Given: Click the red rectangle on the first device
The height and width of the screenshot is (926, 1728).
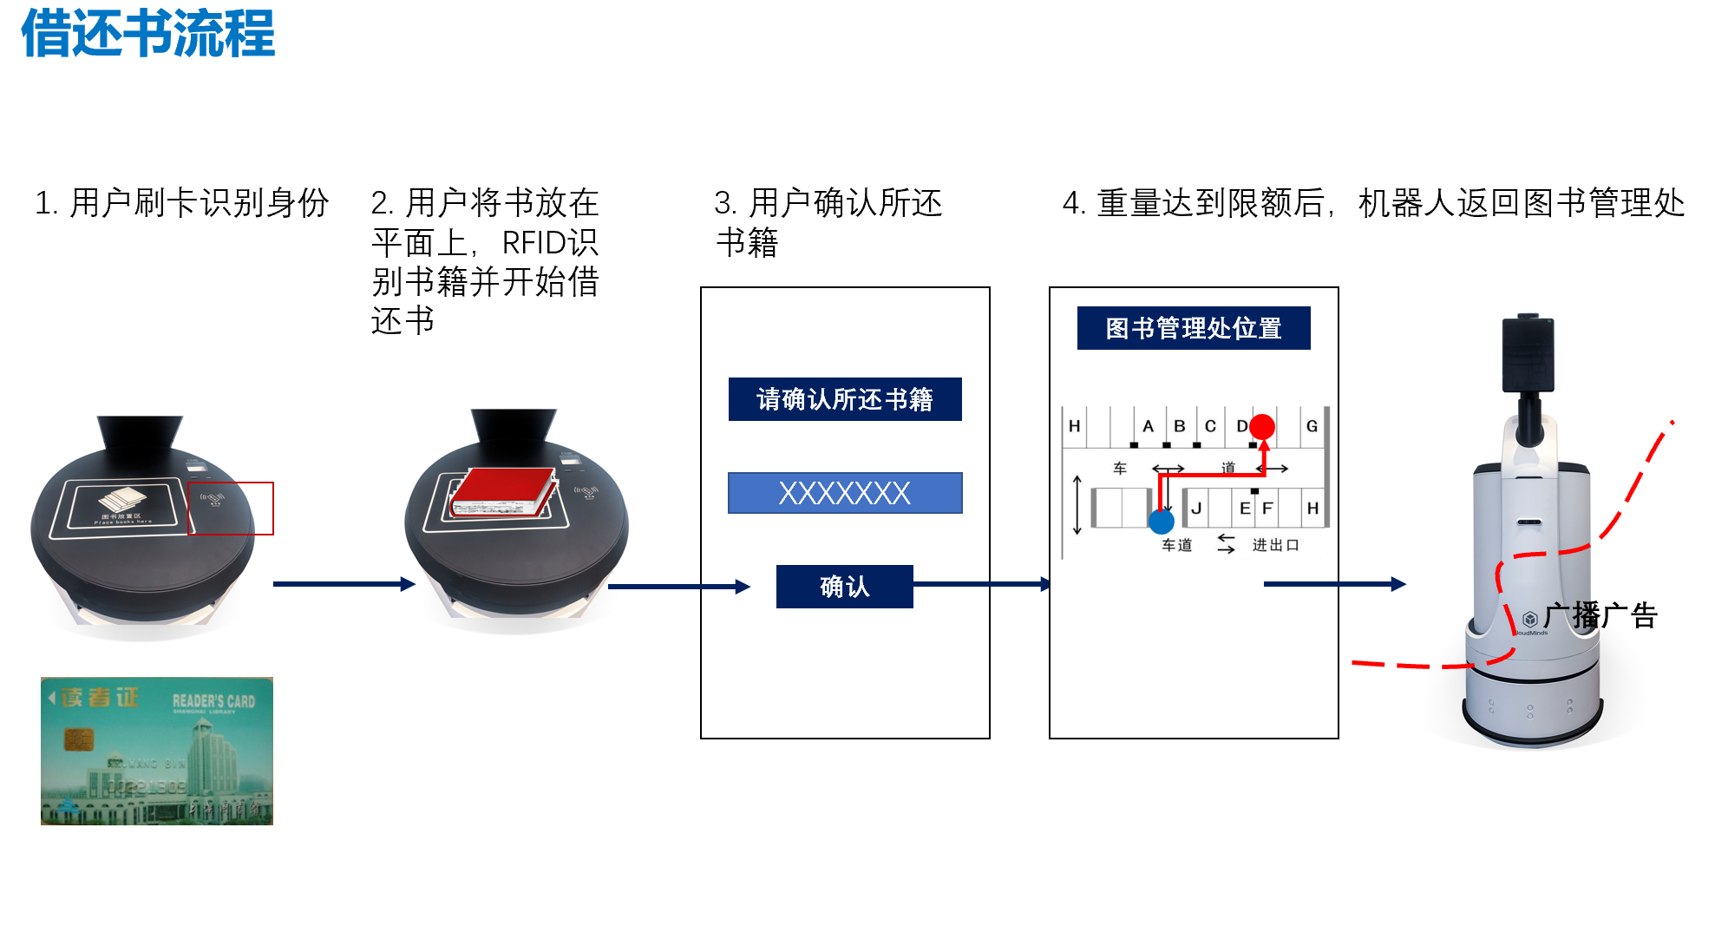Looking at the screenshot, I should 231,509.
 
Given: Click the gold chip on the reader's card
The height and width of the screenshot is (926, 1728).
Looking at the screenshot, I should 78,739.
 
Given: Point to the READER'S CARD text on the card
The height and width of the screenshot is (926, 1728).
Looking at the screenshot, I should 213,701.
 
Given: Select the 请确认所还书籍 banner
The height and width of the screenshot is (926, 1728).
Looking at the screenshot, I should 845,399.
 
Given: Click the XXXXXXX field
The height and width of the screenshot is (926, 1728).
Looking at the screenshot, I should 845,493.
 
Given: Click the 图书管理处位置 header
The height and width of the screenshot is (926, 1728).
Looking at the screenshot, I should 1194,328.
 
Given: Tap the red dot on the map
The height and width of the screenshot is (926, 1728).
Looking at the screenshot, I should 1262,426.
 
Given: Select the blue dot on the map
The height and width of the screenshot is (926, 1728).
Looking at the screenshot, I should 1161,522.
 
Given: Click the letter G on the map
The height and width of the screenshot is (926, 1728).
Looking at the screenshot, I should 1312,426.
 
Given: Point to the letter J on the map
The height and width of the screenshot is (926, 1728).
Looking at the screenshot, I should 1196,509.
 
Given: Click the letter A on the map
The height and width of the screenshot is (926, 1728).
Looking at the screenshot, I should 1148,426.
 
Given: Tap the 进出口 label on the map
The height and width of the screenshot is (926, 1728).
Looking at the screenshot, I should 1275,545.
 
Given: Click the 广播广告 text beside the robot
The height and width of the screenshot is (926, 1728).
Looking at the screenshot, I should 1600,616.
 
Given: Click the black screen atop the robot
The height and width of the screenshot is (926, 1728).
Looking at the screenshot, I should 1528,354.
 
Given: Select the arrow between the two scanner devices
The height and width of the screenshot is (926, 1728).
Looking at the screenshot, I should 344,584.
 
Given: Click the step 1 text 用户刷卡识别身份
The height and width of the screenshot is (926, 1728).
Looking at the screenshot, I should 182,203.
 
